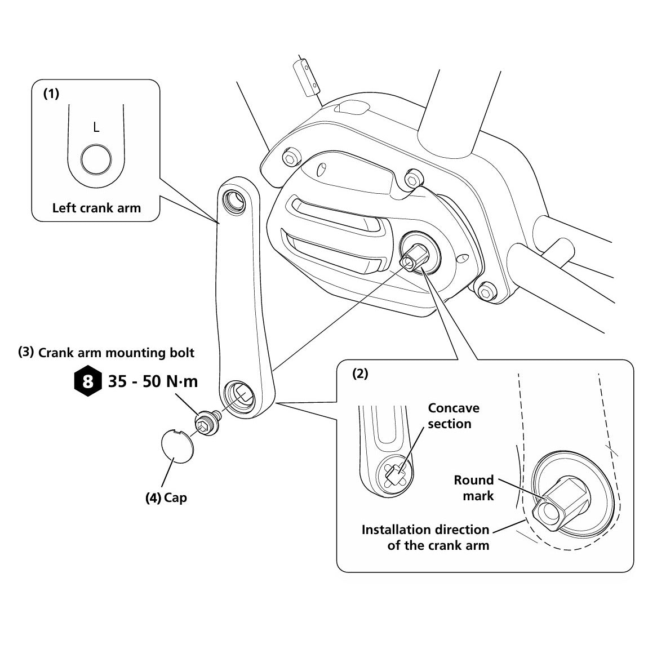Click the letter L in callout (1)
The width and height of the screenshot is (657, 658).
coord(96,127)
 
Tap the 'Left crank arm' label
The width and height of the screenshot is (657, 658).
coord(96,208)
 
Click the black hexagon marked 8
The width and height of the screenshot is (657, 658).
coord(88,381)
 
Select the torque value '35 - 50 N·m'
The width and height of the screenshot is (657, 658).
coord(153,381)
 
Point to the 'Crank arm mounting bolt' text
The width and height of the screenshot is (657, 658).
coord(116,353)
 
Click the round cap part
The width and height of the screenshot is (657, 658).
coord(177,446)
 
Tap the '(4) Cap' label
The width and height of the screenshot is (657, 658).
coord(166,497)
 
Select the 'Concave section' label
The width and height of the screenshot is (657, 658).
coord(454,415)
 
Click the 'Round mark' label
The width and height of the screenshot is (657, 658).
coord(474,488)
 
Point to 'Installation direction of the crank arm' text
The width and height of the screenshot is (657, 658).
coord(425,537)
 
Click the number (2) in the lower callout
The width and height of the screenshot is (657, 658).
coord(360,374)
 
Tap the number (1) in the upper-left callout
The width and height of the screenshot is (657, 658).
coord(51,94)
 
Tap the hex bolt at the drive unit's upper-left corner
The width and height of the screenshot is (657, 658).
coord(290,158)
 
